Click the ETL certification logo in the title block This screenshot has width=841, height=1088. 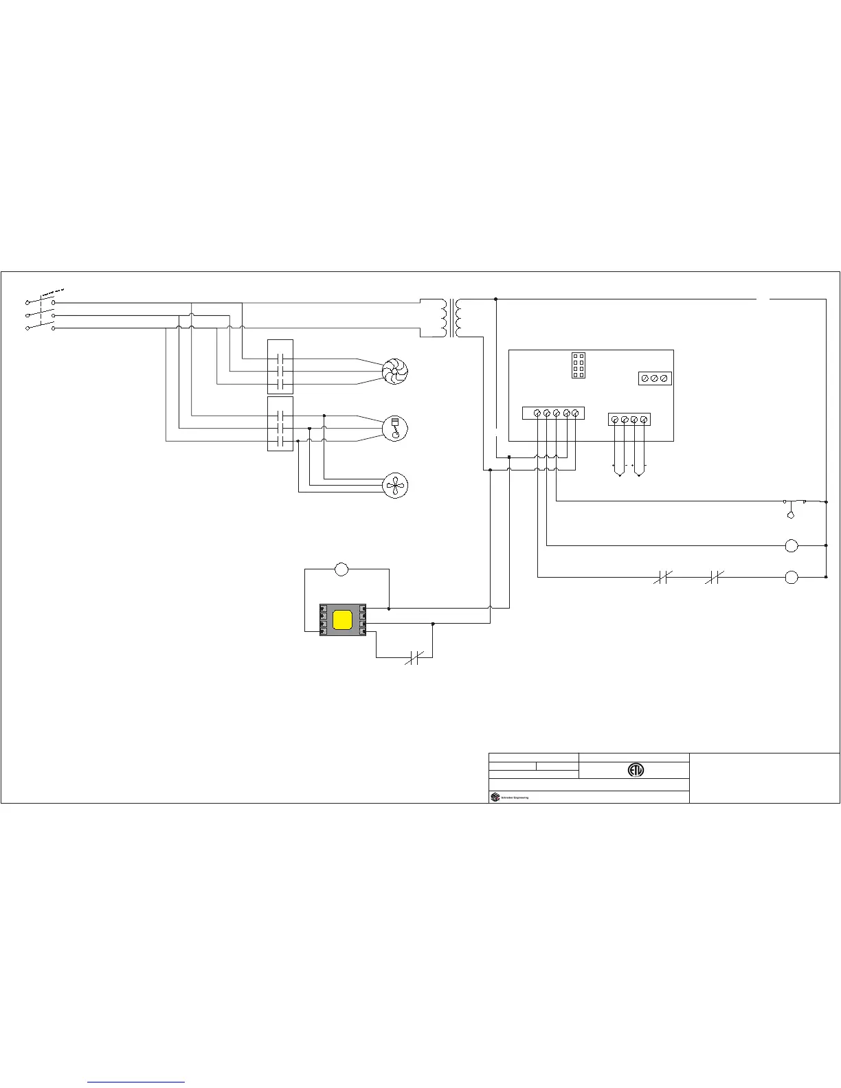636,770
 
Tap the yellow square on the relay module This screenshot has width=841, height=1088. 342,620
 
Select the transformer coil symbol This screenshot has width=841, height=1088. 451,318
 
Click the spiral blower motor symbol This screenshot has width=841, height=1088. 394,371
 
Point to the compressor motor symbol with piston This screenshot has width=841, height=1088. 394,428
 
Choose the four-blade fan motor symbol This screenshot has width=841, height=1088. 394,486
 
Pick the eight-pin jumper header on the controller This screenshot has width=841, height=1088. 579,365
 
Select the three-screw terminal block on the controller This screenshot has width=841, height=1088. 655,378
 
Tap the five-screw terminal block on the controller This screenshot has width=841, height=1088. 553,413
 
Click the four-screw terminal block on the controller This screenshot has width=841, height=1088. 629,419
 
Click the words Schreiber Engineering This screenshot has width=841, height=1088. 515,797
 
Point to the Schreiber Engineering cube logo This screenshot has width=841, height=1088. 495,797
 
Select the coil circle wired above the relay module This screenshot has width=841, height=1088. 341,569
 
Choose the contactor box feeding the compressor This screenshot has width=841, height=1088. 280,424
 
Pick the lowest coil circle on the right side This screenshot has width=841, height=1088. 792,578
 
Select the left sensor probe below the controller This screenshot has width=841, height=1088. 619,471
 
